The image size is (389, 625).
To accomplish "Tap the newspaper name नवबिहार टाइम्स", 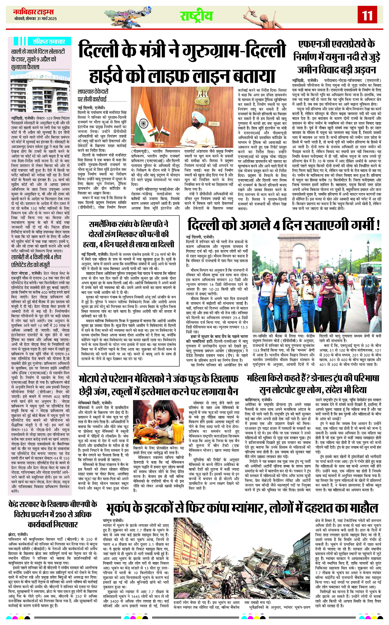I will (33, 12).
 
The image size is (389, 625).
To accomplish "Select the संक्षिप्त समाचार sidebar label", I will (49, 41).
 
